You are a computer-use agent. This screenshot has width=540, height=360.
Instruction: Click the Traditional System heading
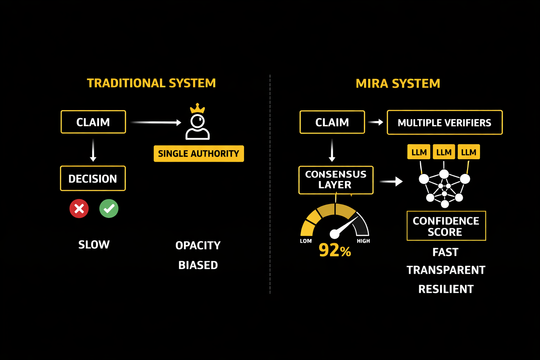coord(151,83)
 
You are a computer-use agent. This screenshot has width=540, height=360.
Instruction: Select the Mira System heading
coord(398,84)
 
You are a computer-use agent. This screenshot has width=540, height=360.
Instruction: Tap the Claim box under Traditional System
coord(93,122)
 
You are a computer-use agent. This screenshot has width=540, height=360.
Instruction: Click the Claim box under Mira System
coord(332,122)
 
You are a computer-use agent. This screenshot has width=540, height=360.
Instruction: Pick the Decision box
coord(93,179)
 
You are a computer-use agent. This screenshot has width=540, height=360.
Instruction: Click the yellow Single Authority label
coord(199,154)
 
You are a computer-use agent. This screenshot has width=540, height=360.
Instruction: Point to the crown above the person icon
coord(197,108)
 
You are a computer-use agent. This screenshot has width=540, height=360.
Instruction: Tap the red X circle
coord(79,208)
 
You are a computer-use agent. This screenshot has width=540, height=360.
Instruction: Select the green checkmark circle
coord(109,208)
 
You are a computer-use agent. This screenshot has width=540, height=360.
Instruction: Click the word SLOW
coord(94,245)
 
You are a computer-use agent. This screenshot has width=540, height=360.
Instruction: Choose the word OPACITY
coord(198,245)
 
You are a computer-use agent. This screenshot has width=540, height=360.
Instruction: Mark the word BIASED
coord(198,265)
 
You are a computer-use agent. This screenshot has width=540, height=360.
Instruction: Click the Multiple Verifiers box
coord(444,123)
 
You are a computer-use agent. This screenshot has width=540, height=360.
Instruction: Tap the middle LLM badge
coord(444,152)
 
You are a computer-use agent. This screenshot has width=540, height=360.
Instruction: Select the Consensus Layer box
coord(336,180)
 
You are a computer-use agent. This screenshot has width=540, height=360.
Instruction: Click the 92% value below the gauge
coord(335,250)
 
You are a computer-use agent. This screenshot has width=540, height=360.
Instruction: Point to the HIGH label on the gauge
coord(363,241)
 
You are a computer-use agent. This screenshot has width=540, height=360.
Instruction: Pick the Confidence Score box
coord(446,226)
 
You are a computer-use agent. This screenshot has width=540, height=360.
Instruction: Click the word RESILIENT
coord(446,289)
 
